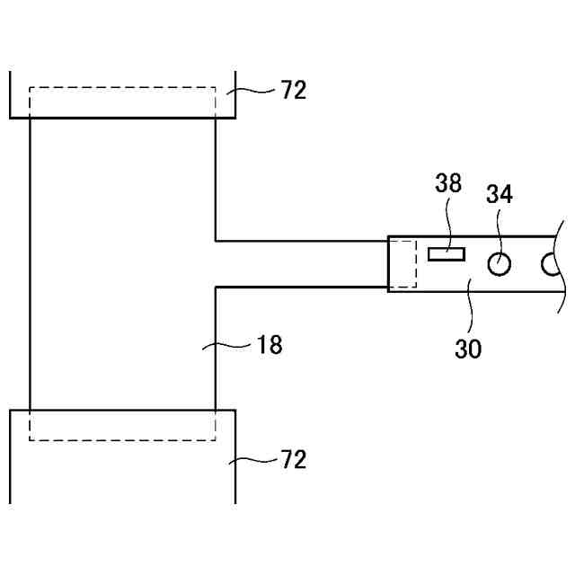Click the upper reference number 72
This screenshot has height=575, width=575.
click(x=293, y=90)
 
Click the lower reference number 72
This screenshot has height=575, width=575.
click(x=293, y=461)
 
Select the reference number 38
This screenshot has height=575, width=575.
click(x=448, y=184)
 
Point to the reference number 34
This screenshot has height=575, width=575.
click(x=500, y=194)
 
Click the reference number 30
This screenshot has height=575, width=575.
click(x=468, y=348)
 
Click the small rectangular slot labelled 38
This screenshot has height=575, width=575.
click(x=447, y=254)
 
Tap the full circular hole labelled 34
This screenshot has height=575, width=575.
click(x=500, y=263)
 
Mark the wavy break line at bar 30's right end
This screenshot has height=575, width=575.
click(x=561, y=264)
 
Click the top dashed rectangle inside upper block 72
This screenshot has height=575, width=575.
click(x=122, y=88)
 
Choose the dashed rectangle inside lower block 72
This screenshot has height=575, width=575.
click(x=122, y=439)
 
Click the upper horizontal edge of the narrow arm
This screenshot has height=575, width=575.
click(x=301, y=241)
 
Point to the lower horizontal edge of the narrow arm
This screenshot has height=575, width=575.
click(x=301, y=287)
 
